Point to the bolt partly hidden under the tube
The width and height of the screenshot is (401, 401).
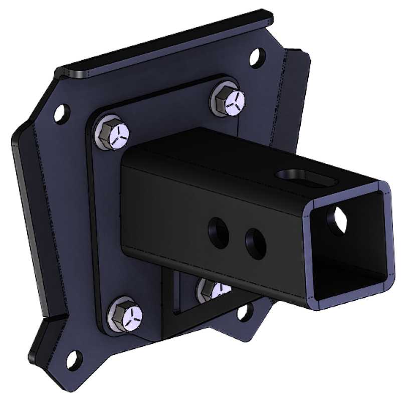tap(211, 289)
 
